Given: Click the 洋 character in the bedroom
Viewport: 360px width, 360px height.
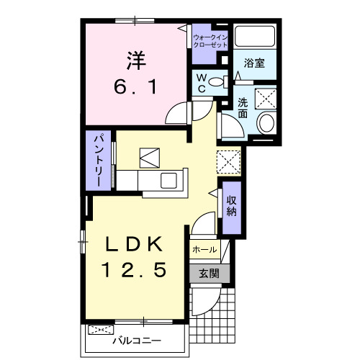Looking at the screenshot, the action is tap(136, 60).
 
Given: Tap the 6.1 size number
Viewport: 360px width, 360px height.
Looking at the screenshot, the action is tap(135, 87).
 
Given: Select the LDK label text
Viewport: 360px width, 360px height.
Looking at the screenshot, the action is tap(134, 244).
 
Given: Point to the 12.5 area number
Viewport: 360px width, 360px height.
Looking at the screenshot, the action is tap(134, 270).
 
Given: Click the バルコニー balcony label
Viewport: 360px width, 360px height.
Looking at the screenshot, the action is tap(137, 341).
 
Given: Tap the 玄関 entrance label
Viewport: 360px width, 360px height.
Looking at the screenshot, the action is tap(209, 274).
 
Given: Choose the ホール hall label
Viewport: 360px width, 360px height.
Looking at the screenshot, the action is tap(204, 250).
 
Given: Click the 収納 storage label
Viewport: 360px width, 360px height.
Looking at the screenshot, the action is tap(232, 207).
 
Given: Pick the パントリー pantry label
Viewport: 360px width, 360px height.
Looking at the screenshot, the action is tap(99, 161).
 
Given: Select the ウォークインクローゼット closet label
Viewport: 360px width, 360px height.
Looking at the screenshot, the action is tap(210, 41).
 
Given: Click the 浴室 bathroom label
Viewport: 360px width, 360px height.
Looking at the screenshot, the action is tap(254, 63).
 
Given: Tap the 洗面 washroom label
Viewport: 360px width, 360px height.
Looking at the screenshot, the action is tap(243, 108).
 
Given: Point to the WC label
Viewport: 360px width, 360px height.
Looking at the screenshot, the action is tap(202, 83).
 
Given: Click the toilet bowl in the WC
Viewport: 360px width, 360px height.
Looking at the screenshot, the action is tap(218, 82).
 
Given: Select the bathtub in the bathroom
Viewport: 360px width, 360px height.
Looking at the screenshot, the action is tap(255, 36).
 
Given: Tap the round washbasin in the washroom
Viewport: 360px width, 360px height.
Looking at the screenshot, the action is tap(266, 122).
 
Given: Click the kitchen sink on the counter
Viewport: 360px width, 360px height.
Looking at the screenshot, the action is tap(168, 181).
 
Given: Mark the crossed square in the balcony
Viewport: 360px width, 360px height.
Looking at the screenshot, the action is tap(101, 330).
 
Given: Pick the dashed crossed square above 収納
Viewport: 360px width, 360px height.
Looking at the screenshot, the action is tap(228, 162).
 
